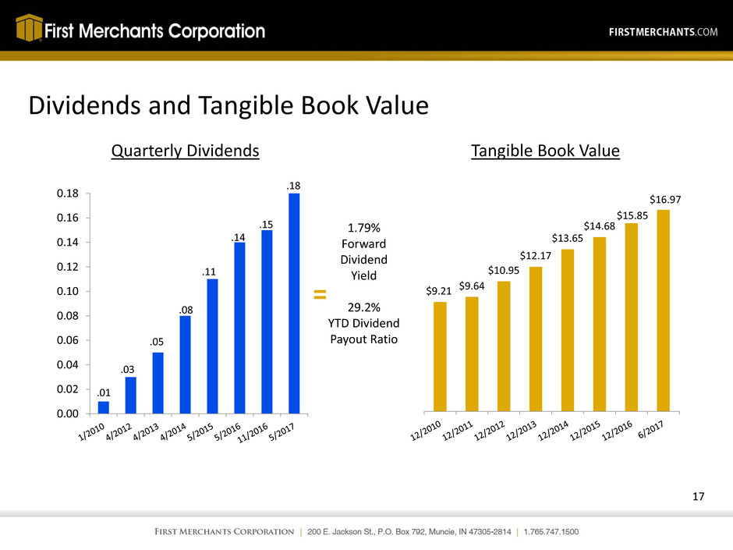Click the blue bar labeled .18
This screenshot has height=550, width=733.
coord(294,303)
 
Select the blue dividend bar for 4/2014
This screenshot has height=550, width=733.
coord(186,364)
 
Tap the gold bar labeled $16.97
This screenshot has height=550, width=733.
coord(664,310)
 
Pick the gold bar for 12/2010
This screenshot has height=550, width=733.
coord(440,356)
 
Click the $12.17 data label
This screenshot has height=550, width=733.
coord(536,255)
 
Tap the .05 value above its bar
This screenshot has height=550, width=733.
coord(158,342)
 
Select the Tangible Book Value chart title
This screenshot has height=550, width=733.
coord(545,152)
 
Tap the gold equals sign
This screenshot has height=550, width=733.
coord(319,295)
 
